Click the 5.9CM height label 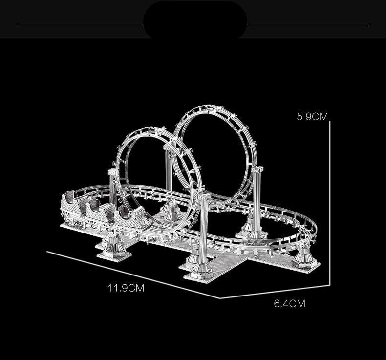(x=312, y=116)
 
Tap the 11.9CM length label (x=126, y=288)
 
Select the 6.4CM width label (x=289, y=303)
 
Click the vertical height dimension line (x=331, y=205)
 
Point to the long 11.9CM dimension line (x=132, y=274)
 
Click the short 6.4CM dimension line (x=274, y=293)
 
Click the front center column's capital (x=204, y=196)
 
